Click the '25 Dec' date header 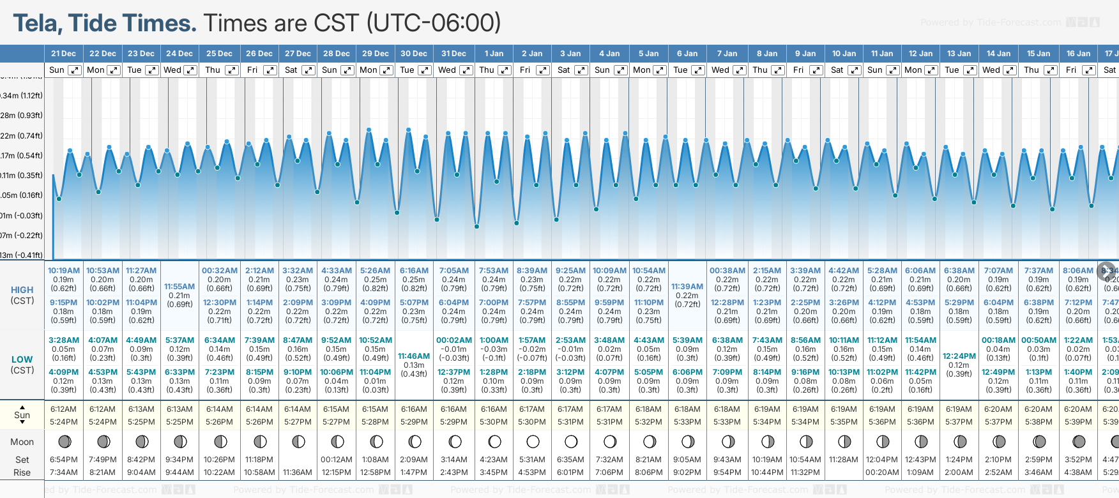click(219, 54)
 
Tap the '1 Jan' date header click(494, 54)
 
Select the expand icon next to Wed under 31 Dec click(466, 70)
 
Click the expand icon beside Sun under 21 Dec click(75, 70)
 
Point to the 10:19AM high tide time click(64, 271)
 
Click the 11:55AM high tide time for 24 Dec click(179, 287)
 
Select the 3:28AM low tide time click(64, 340)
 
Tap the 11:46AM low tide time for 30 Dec click(414, 356)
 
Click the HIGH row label click(22, 290)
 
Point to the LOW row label click(22, 359)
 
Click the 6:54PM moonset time click(64, 460)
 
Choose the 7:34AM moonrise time click(64, 472)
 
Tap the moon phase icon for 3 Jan click(571, 441)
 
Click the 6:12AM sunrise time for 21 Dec click(64, 409)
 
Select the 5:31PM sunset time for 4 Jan click(609, 422)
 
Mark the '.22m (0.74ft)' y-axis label click(22, 136)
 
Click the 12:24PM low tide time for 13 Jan click(959, 356)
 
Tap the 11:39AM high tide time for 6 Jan click(687, 287)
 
